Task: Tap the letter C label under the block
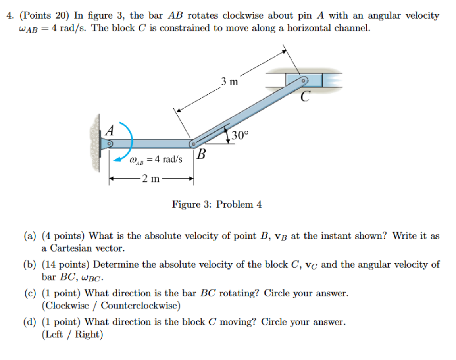pos(304,96)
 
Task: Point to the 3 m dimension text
pos(230,82)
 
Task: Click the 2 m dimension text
pos(151,179)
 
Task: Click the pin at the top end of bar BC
pos(304,80)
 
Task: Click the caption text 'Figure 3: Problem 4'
pos(217,205)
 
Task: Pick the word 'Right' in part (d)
pos(88,335)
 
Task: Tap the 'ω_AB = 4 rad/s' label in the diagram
pos(156,160)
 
